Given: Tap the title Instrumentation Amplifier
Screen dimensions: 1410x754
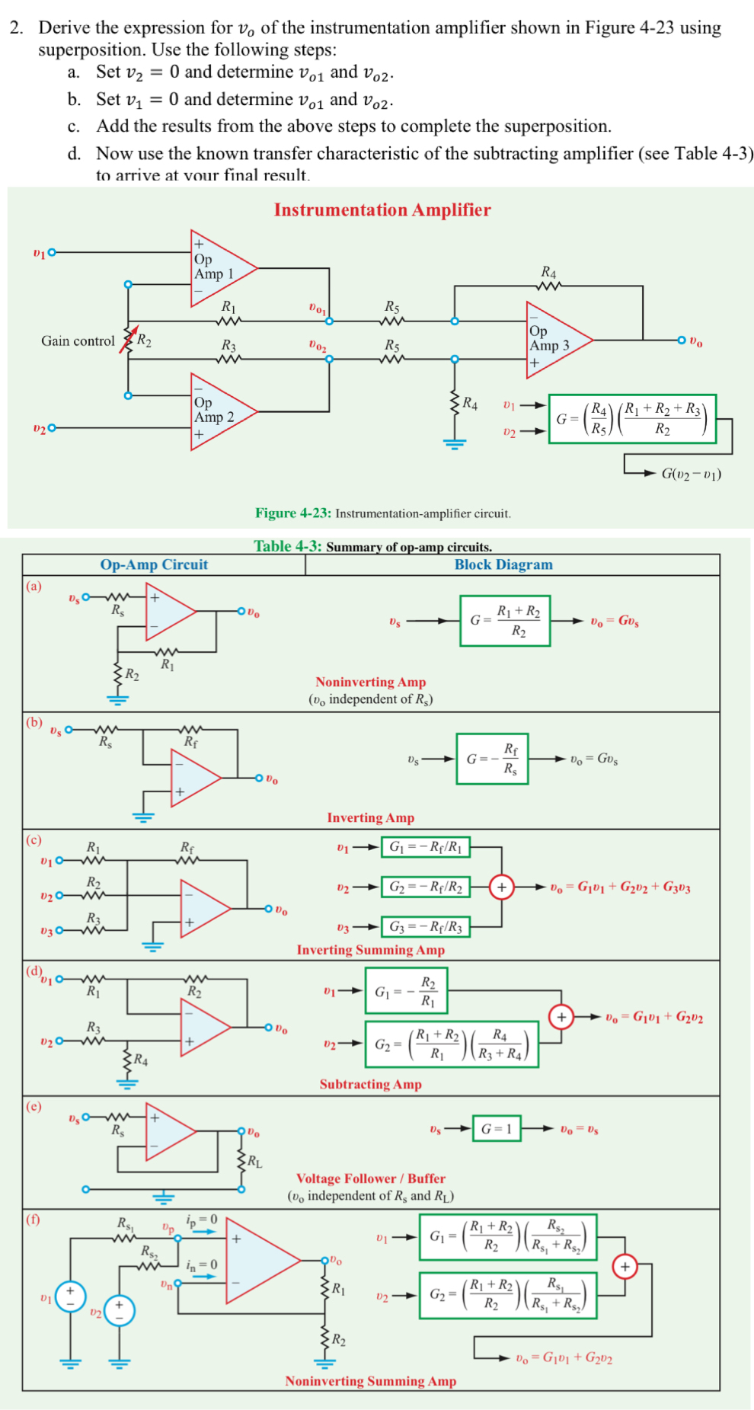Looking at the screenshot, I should coord(382,210).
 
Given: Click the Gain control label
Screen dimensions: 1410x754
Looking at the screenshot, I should coord(78,341).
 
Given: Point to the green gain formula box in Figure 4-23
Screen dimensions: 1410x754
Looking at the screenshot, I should coord(632,419).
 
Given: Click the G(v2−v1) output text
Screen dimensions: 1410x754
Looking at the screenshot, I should coord(691,474).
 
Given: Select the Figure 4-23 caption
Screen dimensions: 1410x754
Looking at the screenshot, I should coord(382,513).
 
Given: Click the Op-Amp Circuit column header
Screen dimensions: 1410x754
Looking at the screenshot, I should coord(154,564).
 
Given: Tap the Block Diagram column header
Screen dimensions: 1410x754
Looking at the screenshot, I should coord(503,564).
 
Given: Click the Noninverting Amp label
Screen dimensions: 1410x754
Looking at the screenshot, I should coord(371,683).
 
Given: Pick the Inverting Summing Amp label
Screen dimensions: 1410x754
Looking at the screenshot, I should coord(371,950).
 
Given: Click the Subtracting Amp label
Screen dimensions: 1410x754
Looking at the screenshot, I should coord(371,1084).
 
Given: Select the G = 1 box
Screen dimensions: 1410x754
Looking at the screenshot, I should coord(497,1128).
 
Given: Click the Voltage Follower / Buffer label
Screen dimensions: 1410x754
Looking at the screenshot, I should coord(371,1178).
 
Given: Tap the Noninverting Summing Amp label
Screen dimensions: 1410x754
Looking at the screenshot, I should coord(371,1381).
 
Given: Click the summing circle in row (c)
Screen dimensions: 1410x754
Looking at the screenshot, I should coord(501,887).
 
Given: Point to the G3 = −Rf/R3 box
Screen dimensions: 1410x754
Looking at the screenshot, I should coord(426,927).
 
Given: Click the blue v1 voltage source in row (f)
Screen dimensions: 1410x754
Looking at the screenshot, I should coord(70,1296).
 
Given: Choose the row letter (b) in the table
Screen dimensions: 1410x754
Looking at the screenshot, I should coord(34,722).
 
